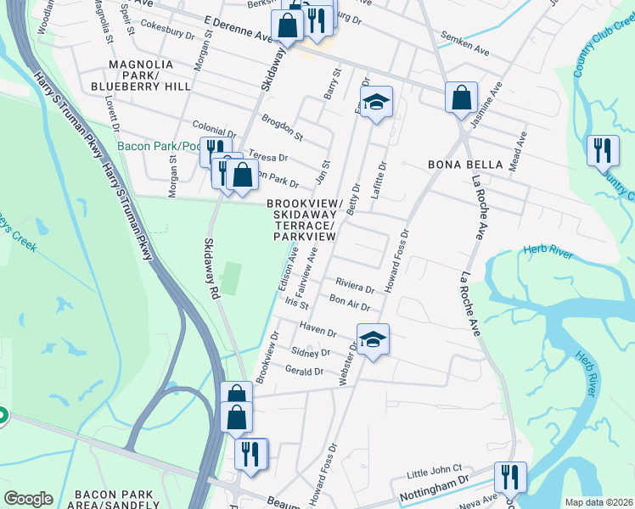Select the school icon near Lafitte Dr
(375, 103)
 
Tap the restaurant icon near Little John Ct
(509, 478)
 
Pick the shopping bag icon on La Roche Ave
(460, 97)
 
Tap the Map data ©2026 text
(598, 502)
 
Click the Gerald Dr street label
(304, 371)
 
